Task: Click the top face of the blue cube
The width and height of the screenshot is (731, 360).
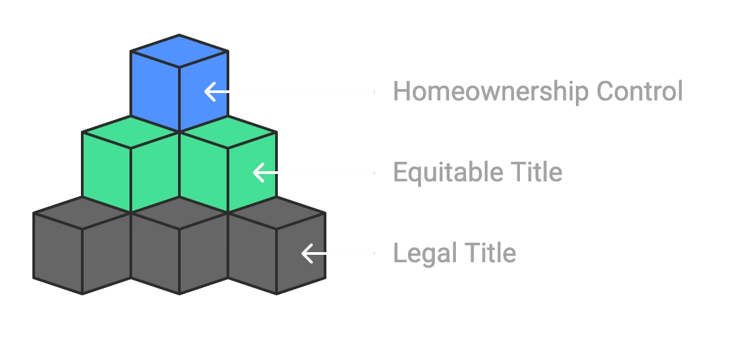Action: tap(179, 51)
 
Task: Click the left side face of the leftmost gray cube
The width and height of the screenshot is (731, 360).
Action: tap(57, 253)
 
